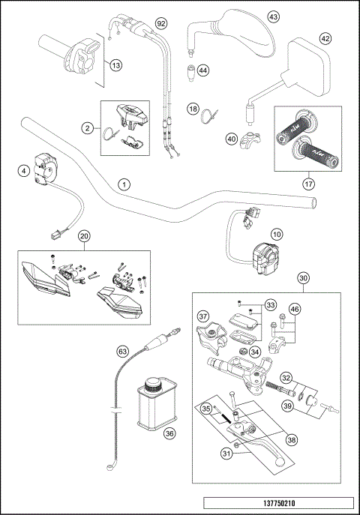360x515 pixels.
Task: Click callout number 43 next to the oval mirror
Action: pyautogui.click(x=273, y=16)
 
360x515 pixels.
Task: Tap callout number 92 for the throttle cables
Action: pyautogui.click(x=160, y=24)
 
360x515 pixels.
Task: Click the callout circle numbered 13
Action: pyautogui.click(x=115, y=65)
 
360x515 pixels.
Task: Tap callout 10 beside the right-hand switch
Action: pyautogui.click(x=277, y=234)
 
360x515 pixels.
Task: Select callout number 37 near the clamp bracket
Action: pyautogui.click(x=202, y=315)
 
